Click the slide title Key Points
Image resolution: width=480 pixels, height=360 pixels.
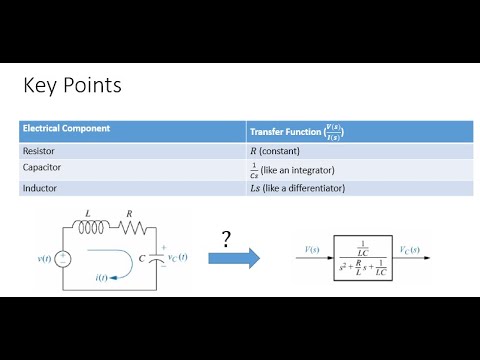[x=72, y=86]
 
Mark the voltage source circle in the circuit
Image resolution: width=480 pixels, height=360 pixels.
[x=63, y=258]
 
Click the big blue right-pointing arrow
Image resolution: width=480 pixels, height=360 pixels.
[x=233, y=257]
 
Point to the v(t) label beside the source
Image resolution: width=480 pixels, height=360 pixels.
[x=43, y=260]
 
